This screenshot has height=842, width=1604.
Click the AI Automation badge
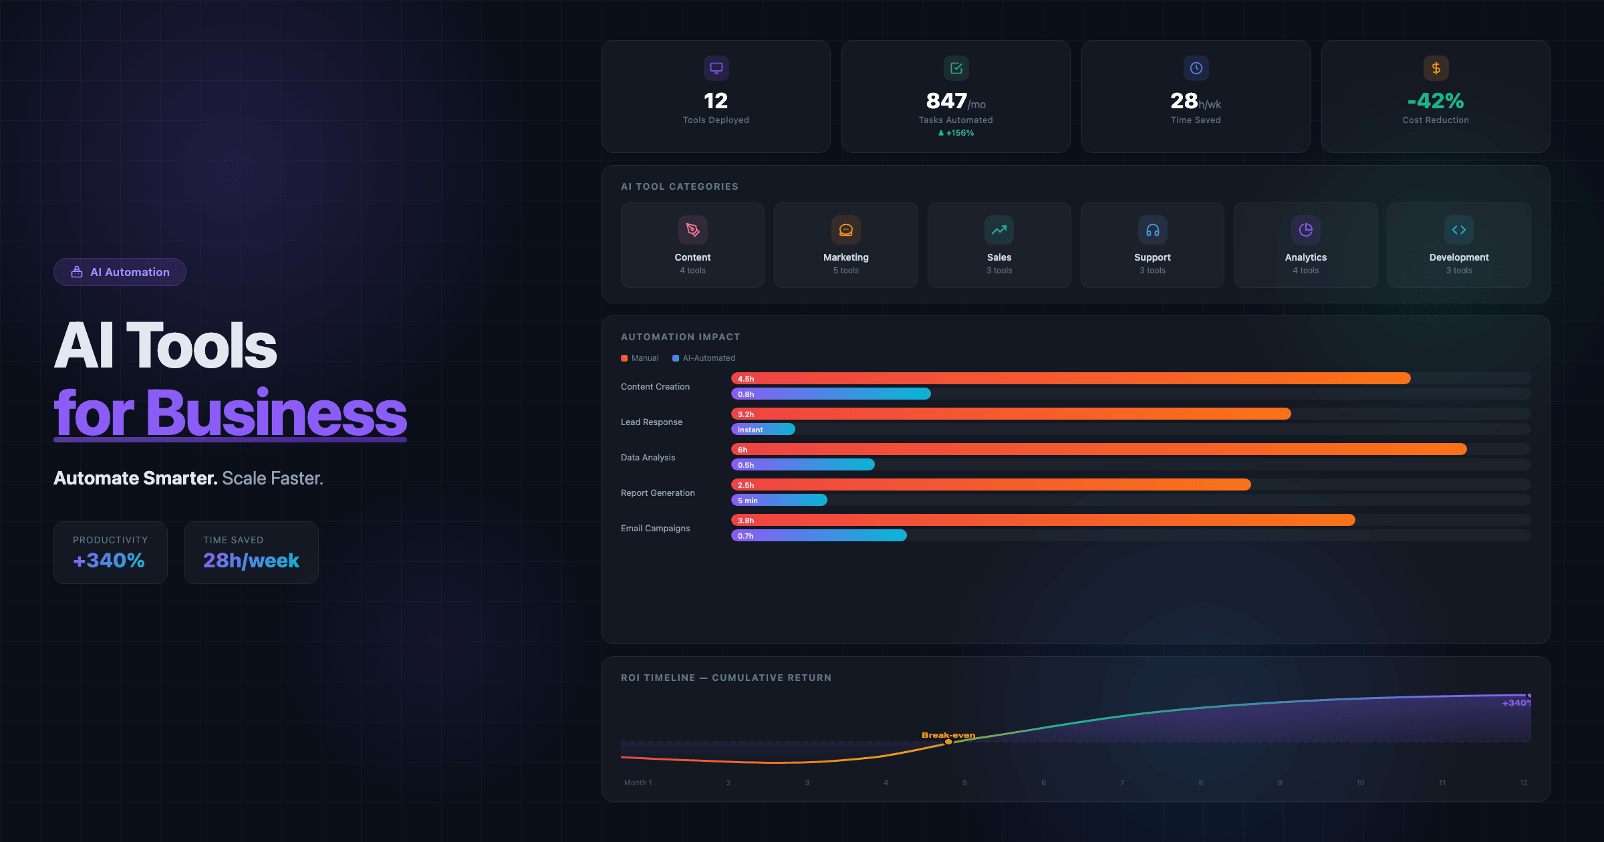click(120, 272)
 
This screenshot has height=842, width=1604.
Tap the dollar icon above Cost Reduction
click(1436, 68)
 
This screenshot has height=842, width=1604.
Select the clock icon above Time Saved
click(1196, 68)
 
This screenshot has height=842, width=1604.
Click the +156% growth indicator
click(956, 133)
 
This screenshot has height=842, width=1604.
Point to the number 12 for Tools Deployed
click(716, 101)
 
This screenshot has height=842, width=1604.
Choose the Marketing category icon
click(845, 230)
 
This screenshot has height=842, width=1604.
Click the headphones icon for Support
click(1152, 230)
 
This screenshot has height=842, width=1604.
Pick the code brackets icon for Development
click(1459, 230)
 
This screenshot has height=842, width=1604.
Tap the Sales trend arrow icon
click(999, 230)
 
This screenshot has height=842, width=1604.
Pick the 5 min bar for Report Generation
click(779, 500)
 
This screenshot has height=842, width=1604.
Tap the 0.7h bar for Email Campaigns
click(819, 535)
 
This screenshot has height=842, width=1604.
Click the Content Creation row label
click(655, 386)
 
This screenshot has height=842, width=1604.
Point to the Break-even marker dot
click(948, 742)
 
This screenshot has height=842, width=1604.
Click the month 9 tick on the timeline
click(1280, 783)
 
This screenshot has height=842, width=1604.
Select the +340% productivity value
click(109, 560)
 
